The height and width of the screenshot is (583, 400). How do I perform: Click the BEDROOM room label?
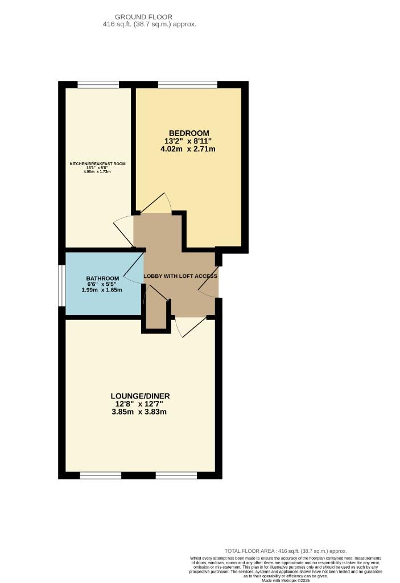[x=188, y=133]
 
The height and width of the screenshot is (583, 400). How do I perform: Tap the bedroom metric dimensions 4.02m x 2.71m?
[x=188, y=149]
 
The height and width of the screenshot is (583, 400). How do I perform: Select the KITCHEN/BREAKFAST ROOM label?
[x=97, y=164]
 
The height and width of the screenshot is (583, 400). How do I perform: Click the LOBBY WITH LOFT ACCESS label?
[x=180, y=276]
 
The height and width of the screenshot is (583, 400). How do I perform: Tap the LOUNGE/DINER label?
[x=140, y=396]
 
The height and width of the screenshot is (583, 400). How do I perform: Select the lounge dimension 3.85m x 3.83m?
[x=140, y=412]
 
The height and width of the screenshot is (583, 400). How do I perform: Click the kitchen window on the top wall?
[x=98, y=85]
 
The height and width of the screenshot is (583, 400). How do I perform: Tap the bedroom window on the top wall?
[x=188, y=85]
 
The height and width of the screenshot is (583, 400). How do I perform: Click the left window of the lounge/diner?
[x=101, y=475]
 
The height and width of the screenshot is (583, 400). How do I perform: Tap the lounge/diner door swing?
[x=189, y=327]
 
